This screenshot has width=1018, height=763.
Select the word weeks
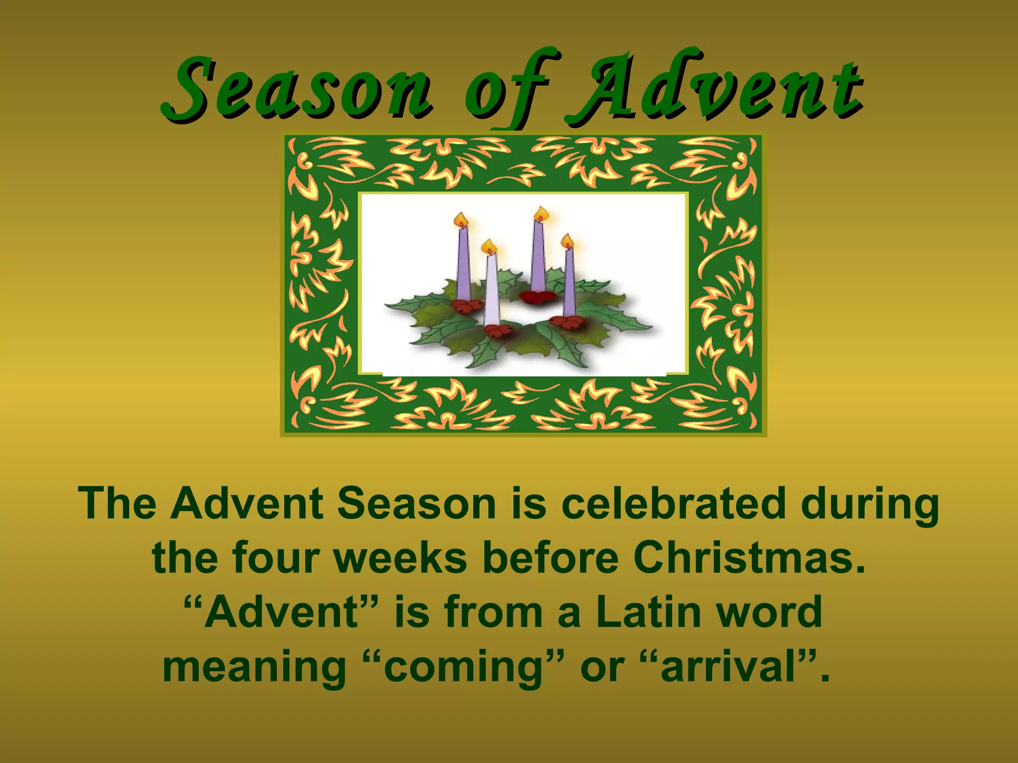pos(400,558)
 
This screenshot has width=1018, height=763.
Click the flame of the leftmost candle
pos(462,220)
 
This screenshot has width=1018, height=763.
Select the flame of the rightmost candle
pos(567,241)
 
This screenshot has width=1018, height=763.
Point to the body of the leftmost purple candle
pos(463,263)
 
